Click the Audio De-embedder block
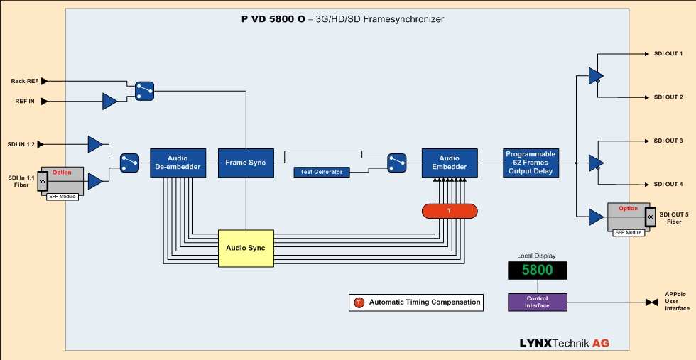(x=178, y=163)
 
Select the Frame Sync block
(x=245, y=163)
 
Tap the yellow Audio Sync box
(x=245, y=248)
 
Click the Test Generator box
(x=322, y=172)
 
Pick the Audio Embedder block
(x=449, y=163)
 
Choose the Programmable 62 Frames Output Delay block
(x=530, y=163)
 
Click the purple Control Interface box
(x=537, y=302)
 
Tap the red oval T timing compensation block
(x=449, y=211)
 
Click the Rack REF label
(x=25, y=81)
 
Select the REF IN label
(x=26, y=102)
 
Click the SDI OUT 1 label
(x=668, y=54)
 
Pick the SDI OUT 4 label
(x=668, y=184)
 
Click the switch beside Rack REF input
(x=144, y=90)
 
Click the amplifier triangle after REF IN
(x=109, y=102)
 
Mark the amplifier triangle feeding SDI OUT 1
(x=596, y=75)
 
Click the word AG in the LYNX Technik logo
(x=600, y=344)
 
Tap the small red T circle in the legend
(x=359, y=302)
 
